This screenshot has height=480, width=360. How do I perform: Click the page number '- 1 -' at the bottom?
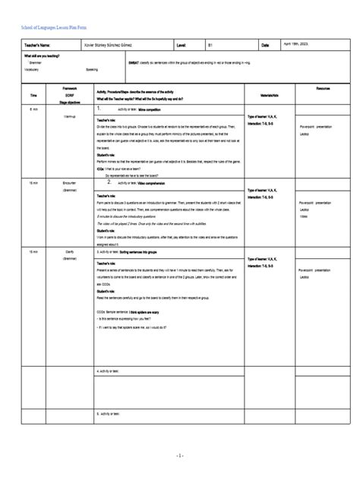(x=179, y=455)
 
